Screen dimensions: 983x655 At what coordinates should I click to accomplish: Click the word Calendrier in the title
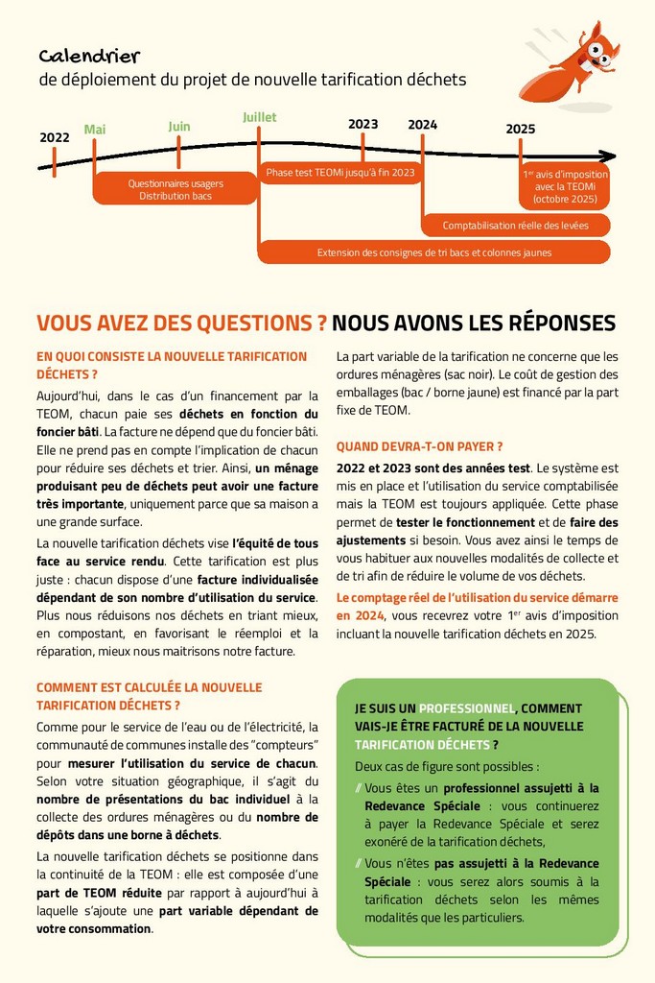89,57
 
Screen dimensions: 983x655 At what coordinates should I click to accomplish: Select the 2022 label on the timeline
55,137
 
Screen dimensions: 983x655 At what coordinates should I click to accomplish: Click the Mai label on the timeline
95,130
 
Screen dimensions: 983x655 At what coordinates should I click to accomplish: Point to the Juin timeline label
179,126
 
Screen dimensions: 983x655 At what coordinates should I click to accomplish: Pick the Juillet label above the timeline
259,117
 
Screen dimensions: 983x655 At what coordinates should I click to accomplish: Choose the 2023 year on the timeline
363,124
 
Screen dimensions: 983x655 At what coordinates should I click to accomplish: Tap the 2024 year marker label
422,125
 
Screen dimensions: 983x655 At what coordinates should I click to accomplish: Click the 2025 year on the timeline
520,129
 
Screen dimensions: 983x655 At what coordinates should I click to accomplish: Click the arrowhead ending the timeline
605,156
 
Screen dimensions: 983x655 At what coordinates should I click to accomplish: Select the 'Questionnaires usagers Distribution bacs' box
175,189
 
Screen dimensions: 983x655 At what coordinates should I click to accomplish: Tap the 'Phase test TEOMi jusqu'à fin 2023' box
340,173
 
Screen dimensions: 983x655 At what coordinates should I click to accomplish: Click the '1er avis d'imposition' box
564,188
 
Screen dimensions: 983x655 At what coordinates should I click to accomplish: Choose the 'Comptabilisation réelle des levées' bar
515,226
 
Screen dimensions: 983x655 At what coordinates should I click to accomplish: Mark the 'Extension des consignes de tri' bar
433,252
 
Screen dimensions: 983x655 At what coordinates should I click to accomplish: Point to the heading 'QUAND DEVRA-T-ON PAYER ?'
419,446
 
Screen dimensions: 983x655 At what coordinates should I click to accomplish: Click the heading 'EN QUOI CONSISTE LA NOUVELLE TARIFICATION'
172,356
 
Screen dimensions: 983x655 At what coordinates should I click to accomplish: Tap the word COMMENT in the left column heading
70,687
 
